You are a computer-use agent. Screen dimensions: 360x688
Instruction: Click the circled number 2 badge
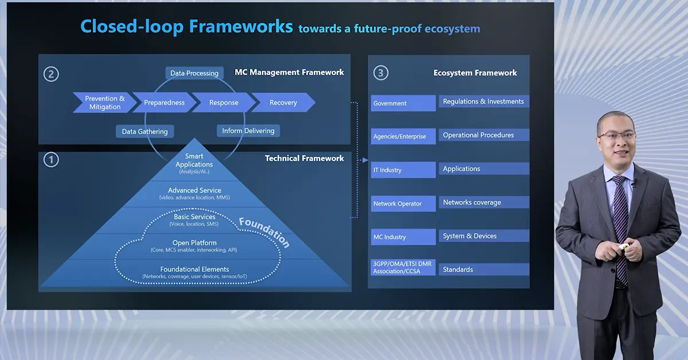[51, 74]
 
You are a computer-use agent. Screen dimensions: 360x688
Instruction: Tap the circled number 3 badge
[381, 73]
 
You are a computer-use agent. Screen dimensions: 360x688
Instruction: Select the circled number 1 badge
[51, 160]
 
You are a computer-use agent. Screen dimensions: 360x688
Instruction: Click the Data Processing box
[194, 73]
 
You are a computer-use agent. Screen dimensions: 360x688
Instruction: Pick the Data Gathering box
[144, 131]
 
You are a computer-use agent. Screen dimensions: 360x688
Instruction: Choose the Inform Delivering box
[248, 131]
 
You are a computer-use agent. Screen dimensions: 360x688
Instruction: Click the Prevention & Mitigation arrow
[104, 103]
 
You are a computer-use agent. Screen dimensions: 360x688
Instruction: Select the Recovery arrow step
[283, 103]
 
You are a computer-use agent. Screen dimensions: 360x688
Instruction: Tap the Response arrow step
[224, 103]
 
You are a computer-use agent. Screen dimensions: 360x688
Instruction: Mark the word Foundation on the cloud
[264, 231]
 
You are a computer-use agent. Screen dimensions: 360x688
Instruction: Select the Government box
[403, 103]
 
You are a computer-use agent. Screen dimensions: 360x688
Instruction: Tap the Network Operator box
[403, 204]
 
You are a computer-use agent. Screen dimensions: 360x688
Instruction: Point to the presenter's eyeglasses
[616, 136]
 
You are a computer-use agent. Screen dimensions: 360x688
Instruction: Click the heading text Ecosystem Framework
[475, 73]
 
